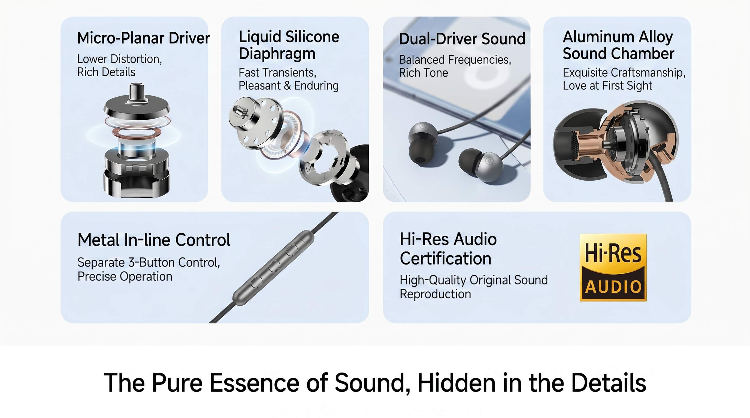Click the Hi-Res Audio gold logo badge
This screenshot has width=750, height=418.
pyautogui.click(x=613, y=267)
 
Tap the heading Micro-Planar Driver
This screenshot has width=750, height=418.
pyautogui.click(x=143, y=38)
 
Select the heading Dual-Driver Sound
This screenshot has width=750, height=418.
pyautogui.click(x=462, y=39)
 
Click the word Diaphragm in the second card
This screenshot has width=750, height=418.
pyautogui.click(x=277, y=54)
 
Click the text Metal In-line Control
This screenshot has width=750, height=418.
pyautogui.click(x=154, y=240)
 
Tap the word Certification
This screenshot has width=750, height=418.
pyautogui.click(x=446, y=259)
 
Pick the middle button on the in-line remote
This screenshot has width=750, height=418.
pyautogui.click(x=274, y=266)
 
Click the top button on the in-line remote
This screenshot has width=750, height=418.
pyautogui.click(x=291, y=250)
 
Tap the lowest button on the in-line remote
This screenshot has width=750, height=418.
pyautogui.click(x=256, y=282)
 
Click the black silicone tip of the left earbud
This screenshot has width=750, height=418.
pyautogui.click(x=419, y=154)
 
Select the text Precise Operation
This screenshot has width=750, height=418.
pyautogui.click(x=125, y=277)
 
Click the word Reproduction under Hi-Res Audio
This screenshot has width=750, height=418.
pyautogui.click(x=435, y=294)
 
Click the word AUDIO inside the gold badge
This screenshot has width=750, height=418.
pyautogui.click(x=613, y=287)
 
